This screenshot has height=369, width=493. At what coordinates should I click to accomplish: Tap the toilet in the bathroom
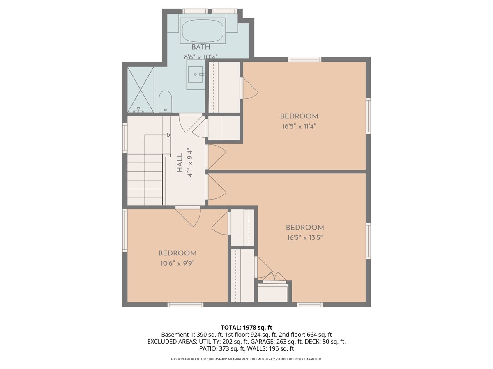click(x=165, y=102)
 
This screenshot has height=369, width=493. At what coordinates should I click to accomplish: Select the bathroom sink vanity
click(x=196, y=75)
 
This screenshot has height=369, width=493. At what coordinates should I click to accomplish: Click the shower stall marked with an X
click(x=141, y=89)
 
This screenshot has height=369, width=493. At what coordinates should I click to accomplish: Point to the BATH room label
click(x=200, y=48)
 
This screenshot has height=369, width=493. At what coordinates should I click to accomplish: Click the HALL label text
click(x=180, y=163)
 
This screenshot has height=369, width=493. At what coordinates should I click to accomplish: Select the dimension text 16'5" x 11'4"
click(x=299, y=127)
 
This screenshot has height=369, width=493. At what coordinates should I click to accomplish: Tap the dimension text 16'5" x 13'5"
click(x=304, y=238)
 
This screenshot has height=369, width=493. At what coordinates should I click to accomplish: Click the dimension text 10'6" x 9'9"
click(x=177, y=264)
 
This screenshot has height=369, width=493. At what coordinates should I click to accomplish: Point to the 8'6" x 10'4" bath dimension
click(x=200, y=57)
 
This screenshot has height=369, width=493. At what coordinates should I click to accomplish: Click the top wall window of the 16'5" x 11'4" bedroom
click(x=304, y=59)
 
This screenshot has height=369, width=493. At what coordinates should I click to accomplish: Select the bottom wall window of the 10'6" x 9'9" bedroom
click(x=185, y=305)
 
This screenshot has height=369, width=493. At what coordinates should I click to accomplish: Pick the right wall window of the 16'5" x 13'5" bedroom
click(x=368, y=241)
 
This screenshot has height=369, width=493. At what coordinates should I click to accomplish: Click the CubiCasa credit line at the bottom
click(x=246, y=359)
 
